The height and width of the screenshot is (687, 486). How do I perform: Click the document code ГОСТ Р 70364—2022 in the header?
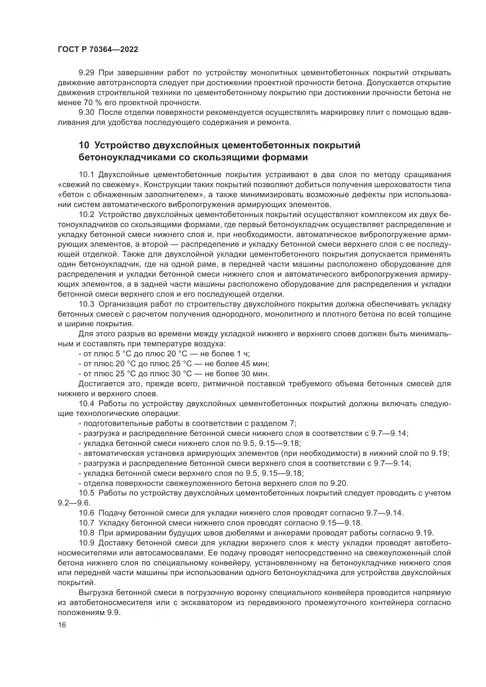[98, 50]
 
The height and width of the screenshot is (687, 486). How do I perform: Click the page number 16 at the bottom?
[62, 625]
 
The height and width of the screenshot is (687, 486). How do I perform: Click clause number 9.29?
[86, 73]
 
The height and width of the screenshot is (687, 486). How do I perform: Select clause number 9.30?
[86, 112]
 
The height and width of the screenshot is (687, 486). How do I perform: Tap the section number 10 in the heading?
[84, 145]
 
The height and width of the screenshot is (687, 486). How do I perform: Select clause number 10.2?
[86, 214]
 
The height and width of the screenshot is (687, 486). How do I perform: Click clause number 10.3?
[86, 304]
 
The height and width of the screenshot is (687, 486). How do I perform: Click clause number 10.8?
[86, 533]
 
